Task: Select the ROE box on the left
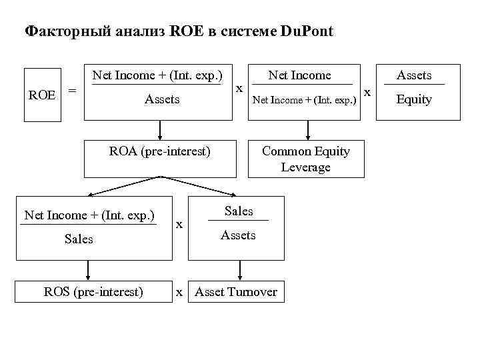click(42, 94)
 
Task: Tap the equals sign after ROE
click(73, 90)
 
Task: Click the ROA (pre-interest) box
click(160, 159)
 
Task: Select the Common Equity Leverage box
click(306, 159)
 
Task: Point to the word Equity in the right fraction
click(414, 99)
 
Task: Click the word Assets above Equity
click(414, 75)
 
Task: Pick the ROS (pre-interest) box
click(93, 291)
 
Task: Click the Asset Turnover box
click(237, 291)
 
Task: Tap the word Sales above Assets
click(239, 211)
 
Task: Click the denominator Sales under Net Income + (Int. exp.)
click(79, 239)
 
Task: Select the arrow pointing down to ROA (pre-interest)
click(160, 130)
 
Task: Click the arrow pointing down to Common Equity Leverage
click(306, 130)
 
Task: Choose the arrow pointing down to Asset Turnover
click(237, 270)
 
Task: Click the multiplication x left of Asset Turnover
click(179, 291)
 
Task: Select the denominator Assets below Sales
click(238, 235)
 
